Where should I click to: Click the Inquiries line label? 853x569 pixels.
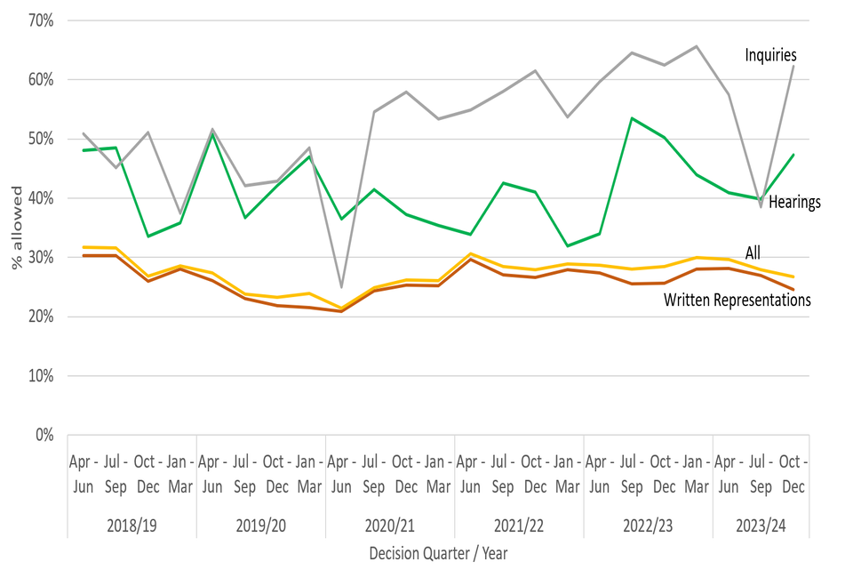click(770, 56)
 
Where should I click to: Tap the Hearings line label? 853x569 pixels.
click(794, 202)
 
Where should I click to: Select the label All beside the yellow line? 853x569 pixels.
click(752, 253)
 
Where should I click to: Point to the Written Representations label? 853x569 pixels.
click(737, 301)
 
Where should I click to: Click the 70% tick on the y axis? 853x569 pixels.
click(42, 20)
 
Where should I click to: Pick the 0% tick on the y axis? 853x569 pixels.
click(45, 435)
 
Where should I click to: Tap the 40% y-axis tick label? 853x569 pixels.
click(42, 197)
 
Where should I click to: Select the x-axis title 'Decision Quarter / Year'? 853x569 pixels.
click(438, 553)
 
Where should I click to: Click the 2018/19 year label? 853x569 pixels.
click(132, 525)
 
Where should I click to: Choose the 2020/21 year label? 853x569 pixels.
click(390, 525)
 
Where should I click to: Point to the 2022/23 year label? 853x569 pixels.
click(648, 525)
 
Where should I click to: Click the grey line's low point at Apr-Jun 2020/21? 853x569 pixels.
click(342, 287)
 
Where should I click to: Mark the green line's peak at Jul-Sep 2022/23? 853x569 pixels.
click(632, 118)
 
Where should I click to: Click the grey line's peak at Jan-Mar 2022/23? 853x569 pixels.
click(697, 46)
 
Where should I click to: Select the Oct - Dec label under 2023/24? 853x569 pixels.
click(793, 475)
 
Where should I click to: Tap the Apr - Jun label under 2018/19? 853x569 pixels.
click(83, 475)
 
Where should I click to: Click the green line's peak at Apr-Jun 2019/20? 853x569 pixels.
click(212, 134)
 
